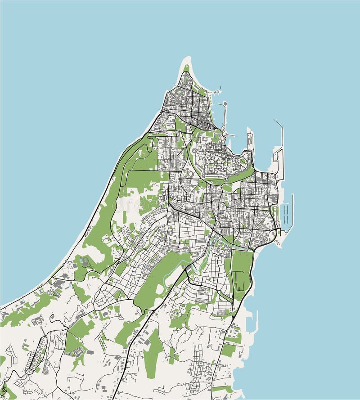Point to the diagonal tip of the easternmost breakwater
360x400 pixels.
tap(275, 121)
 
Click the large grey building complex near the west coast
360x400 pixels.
tap(58, 284)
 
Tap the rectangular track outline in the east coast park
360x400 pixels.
tap(242, 282)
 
